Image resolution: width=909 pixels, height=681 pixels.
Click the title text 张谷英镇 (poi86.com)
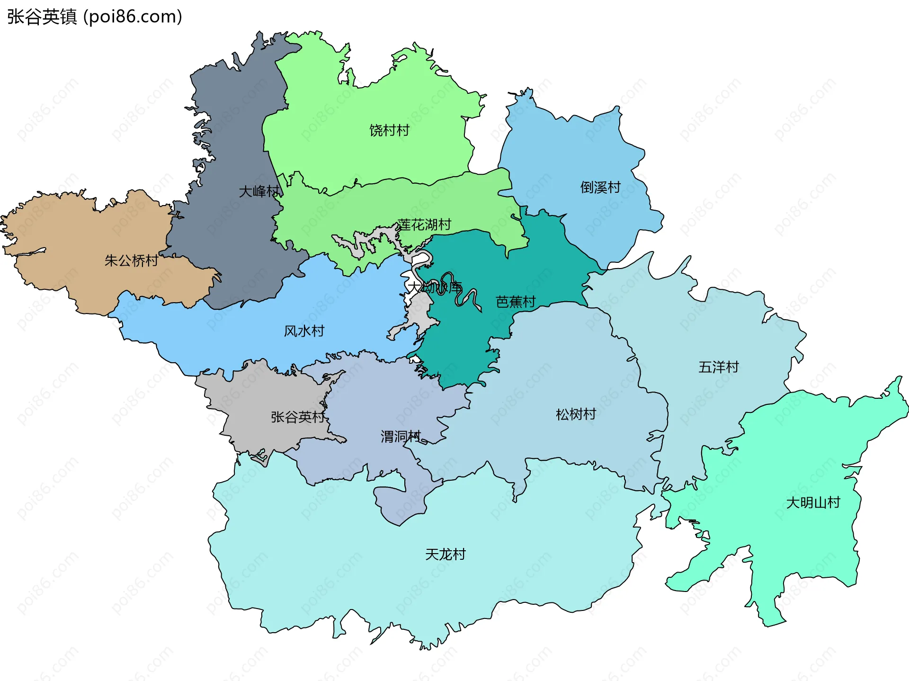pos(95,17)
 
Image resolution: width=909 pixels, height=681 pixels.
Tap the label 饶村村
pos(389,130)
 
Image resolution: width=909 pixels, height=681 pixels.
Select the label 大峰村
pos(259,191)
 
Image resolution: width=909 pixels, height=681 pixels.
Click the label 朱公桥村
pos(131,260)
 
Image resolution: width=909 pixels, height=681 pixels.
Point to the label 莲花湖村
pos(424,224)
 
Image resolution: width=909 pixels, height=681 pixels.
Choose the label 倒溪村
pos(600,188)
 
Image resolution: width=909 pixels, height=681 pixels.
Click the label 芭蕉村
pos(516,302)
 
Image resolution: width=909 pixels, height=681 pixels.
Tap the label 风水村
pos(304,331)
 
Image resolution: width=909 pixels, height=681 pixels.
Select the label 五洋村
pos(718,367)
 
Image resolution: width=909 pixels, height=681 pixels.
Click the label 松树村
pos(576,414)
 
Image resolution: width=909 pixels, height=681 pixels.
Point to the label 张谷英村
pos(298,417)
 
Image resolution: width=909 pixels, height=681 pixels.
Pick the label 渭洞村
pos(401,436)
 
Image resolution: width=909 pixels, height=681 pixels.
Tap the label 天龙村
pos(445,554)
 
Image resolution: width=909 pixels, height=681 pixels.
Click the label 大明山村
pos(813,502)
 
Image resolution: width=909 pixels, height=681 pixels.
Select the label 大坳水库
pos(434,287)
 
